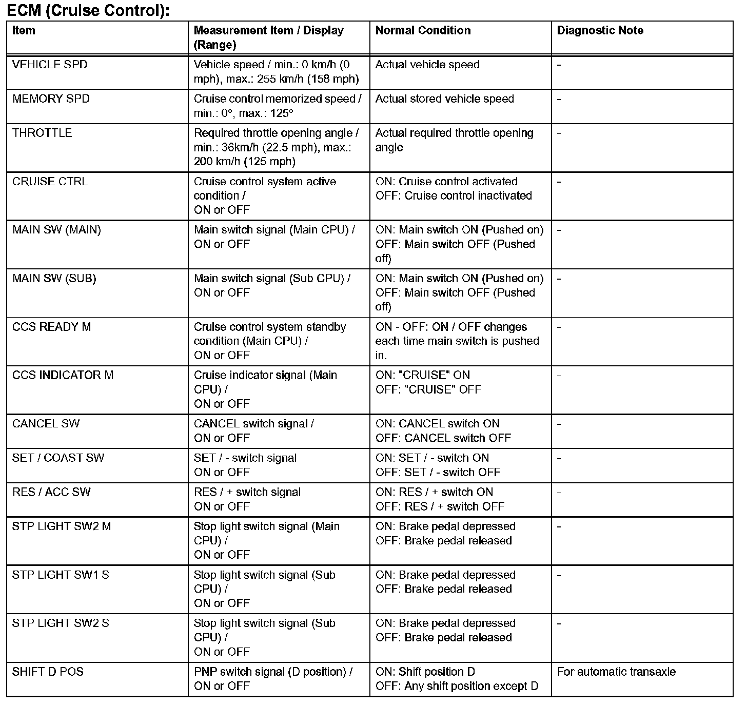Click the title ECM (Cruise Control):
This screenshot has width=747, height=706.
(x=88, y=10)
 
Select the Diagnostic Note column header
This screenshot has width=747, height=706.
(x=600, y=31)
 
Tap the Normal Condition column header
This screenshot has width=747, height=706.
(x=423, y=31)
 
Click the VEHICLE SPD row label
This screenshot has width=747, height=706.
(x=50, y=65)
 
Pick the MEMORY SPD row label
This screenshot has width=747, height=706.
(x=51, y=99)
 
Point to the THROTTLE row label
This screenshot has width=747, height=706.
(x=42, y=133)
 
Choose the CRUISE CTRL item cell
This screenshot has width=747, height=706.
(x=50, y=182)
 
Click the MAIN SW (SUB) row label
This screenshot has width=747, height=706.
(x=54, y=279)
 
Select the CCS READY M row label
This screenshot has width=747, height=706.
(x=51, y=327)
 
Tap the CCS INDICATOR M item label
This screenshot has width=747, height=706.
(x=63, y=375)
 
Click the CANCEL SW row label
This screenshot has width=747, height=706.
(x=46, y=424)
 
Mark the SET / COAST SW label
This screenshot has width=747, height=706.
(x=58, y=458)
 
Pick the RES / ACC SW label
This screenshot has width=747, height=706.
(x=51, y=493)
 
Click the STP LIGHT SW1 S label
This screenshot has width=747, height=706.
(x=61, y=575)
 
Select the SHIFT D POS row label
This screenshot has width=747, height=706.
(x=48, y=672)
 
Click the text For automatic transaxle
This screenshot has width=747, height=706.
(x=616, y=672)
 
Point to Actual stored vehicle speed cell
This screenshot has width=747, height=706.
(x=444, y=99)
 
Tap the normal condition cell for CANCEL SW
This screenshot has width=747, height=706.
(x=443, y=431)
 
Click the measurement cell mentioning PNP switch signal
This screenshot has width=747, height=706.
(x=273, y=679)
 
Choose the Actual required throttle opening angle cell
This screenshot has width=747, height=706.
(x=454, y=140)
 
